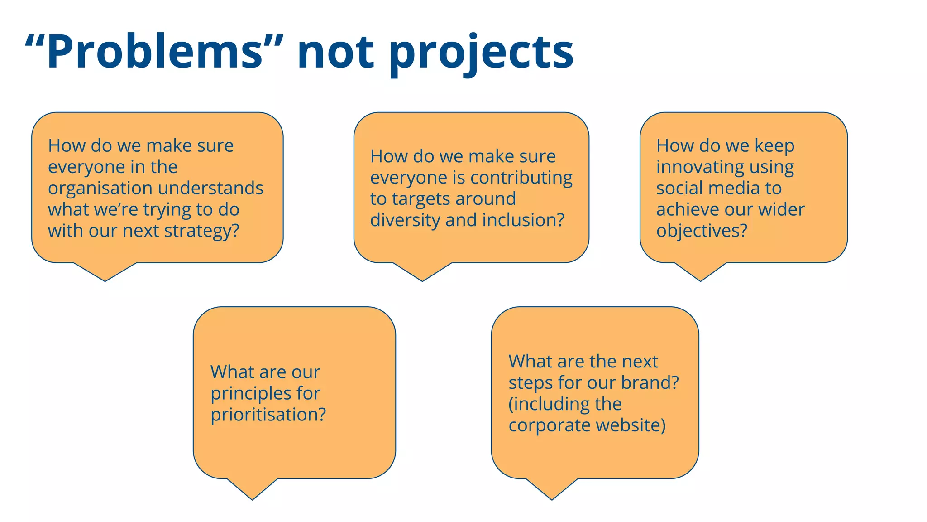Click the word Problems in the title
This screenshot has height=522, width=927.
[154, 52]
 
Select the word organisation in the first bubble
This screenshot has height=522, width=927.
[100, 188]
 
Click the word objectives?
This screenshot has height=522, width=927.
[702, 231]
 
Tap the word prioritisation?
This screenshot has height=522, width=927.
[268, 415]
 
